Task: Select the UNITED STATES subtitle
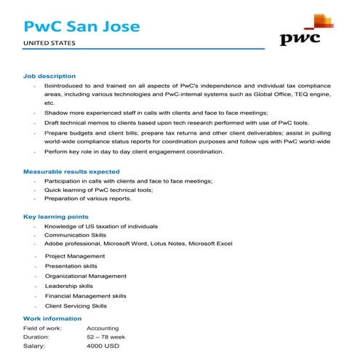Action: [49, 44]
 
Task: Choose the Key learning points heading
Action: [56, 217]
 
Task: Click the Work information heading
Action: [52, 318]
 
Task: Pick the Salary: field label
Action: [34, 346]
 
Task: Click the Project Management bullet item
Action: [74, 256]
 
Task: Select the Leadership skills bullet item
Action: [69, 286]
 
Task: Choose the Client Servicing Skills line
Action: [76, 306]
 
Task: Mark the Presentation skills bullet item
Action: [71, 266]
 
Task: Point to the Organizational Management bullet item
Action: [85, 276]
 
